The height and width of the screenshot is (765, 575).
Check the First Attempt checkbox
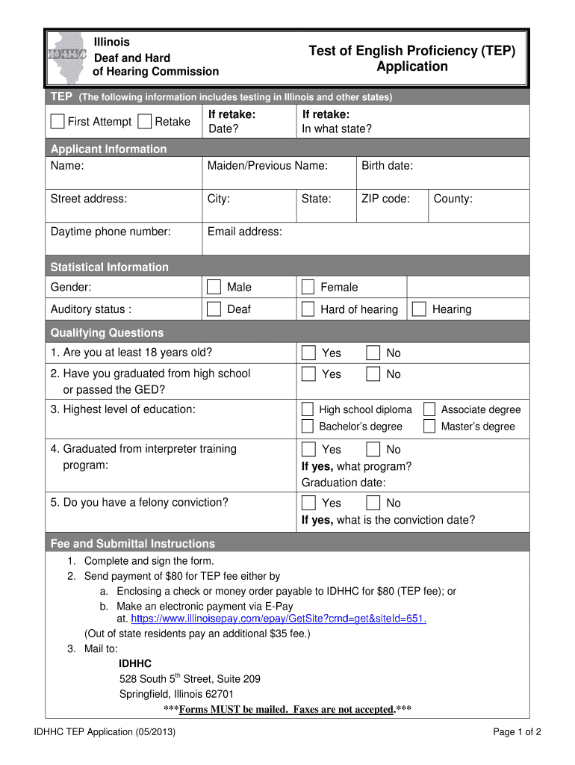pyautogui.click(x=57, y=122)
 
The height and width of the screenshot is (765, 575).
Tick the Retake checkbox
pyautogui.click(x=145, y=122)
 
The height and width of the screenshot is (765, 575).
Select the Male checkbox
pyautogui.click(x=214, y=287)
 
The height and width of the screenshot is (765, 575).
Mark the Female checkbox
pyautogui.click(x=308, y=287)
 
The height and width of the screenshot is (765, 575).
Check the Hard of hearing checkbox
pyautogui.click(x=308, y=309)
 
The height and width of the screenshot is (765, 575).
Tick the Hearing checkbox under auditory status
pyautogui.click(x=419, y=309)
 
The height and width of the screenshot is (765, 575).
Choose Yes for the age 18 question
pyautogui.click(x=308, y=353)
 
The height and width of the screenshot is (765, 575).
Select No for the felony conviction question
pyautogui.click(x=373, y=503)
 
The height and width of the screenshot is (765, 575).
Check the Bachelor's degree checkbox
pyautogui.click(x=307, y=427)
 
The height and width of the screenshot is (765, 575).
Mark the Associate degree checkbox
pyautogui.click(x=429, y=409)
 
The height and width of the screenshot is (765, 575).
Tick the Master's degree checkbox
pyautogui.click(x=429, y=427)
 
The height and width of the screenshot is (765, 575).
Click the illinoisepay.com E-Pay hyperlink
pyautogui.click(x=278, y=619)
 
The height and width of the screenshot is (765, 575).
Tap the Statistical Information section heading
pyautogui.click(x=109, y=267)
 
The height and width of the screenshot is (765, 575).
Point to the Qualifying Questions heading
pyautogui.click(x=107, y=332)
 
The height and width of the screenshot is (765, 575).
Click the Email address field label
pyautogui.click(x=245, y=232)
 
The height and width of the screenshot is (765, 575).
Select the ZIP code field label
pyautogui.click(x=385, y=199)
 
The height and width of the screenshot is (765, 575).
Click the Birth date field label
pyautogui.click(x=387, y=166)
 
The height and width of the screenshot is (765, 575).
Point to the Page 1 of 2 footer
pyautogui.click(x=517, y=732)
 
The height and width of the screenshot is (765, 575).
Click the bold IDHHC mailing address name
pyautogui.click(x=135, y=663)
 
